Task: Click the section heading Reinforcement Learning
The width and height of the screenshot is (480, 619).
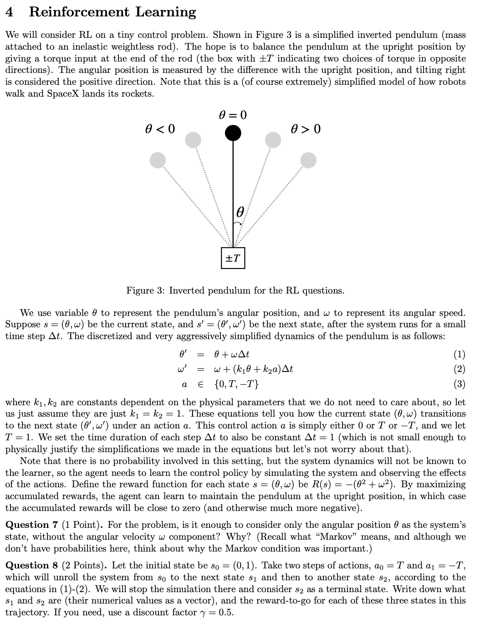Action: (112, 12)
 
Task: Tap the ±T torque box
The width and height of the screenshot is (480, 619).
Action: (233, 258)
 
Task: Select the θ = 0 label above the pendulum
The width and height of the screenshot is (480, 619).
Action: (233, 115)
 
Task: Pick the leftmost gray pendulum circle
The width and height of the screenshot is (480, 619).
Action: (158, 160)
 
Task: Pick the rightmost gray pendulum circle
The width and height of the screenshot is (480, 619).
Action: (308, 160)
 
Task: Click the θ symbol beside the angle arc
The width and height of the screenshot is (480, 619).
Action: (241, 212)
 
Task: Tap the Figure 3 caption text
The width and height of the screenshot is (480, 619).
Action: (235, 290)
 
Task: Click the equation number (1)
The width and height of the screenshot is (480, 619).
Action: (460, 354)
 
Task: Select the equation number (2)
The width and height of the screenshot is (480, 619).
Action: (460, 369)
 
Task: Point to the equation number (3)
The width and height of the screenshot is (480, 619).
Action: (460, 384)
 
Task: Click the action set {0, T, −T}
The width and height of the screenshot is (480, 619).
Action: (236, 384)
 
